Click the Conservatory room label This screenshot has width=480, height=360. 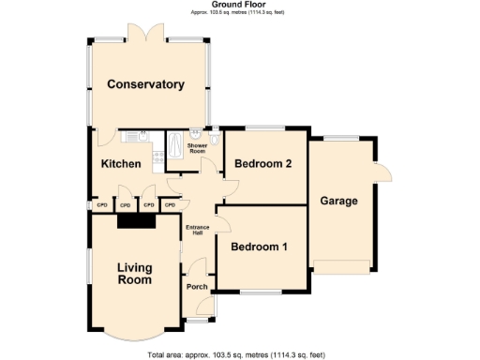click(144, 84)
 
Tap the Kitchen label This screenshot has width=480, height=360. click(121, 164)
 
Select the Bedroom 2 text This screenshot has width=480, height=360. click(263, 164)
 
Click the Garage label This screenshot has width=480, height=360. click(338, 201)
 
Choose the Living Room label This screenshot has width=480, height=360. click(134, 274)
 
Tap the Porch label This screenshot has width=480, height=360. click(197, 287)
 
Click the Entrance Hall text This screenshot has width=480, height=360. click(196, 230)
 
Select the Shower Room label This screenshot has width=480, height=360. click(197, 148)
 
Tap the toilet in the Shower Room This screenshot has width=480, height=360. click(215, 141)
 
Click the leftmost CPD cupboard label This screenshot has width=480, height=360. click(101, 204)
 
